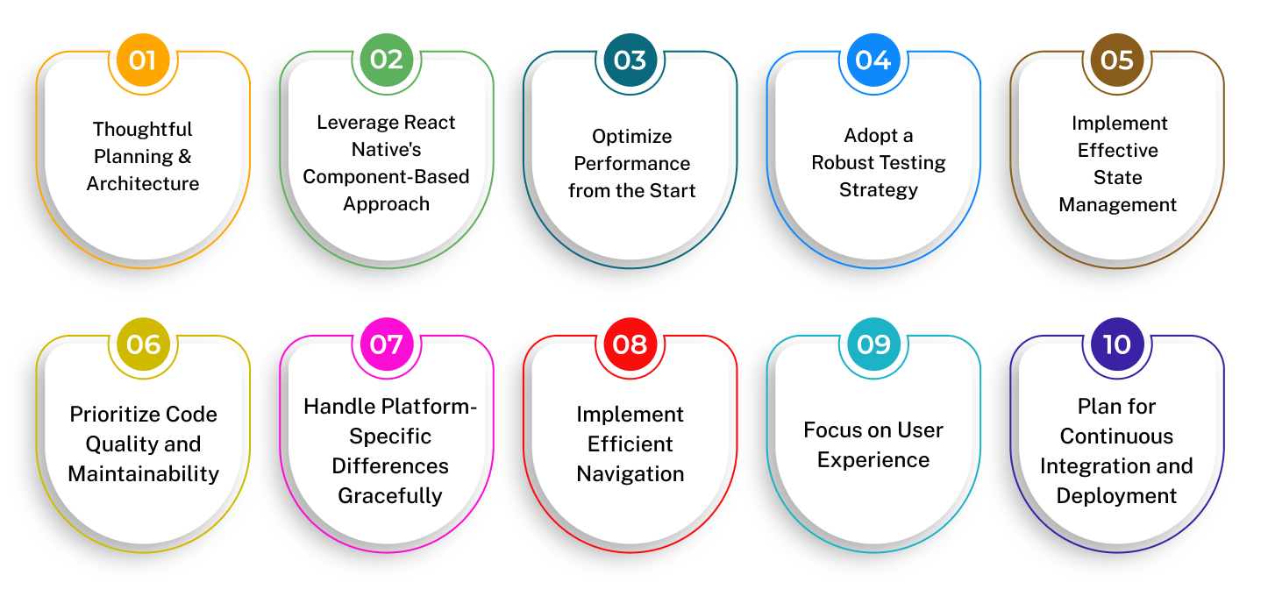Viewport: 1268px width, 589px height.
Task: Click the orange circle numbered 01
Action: coord(143,60)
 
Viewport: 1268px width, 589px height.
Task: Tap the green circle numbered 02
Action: coord(387,60)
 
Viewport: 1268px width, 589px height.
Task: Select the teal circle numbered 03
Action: coord(630,60)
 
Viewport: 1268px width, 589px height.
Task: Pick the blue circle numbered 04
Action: coord(873,60)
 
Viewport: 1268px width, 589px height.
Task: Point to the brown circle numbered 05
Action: coord(1117,60)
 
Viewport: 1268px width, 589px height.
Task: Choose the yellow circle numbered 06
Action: coord(143,344)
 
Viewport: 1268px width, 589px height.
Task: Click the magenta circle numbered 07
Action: coord(387,344)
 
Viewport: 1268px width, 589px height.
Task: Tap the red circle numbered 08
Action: coord(630,344)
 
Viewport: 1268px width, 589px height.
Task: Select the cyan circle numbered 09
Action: coord(873,344)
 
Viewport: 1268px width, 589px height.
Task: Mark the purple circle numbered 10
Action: coord(1117,344)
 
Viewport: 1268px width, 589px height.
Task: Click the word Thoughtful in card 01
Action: coord(143,130)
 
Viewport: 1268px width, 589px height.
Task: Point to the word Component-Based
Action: coord(386,176)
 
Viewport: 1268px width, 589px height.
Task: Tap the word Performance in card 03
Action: coord(631,164)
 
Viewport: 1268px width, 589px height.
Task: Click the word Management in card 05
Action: coord(1117,205)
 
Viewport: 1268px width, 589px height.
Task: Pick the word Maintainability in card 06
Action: coord(143,473)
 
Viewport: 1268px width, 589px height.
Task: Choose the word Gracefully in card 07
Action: coord(390,496)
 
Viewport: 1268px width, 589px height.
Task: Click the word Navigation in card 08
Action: coord(630,474)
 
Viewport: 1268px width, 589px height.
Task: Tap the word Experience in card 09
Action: coord(873,460)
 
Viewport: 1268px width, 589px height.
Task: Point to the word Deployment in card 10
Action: coord(1116,496)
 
